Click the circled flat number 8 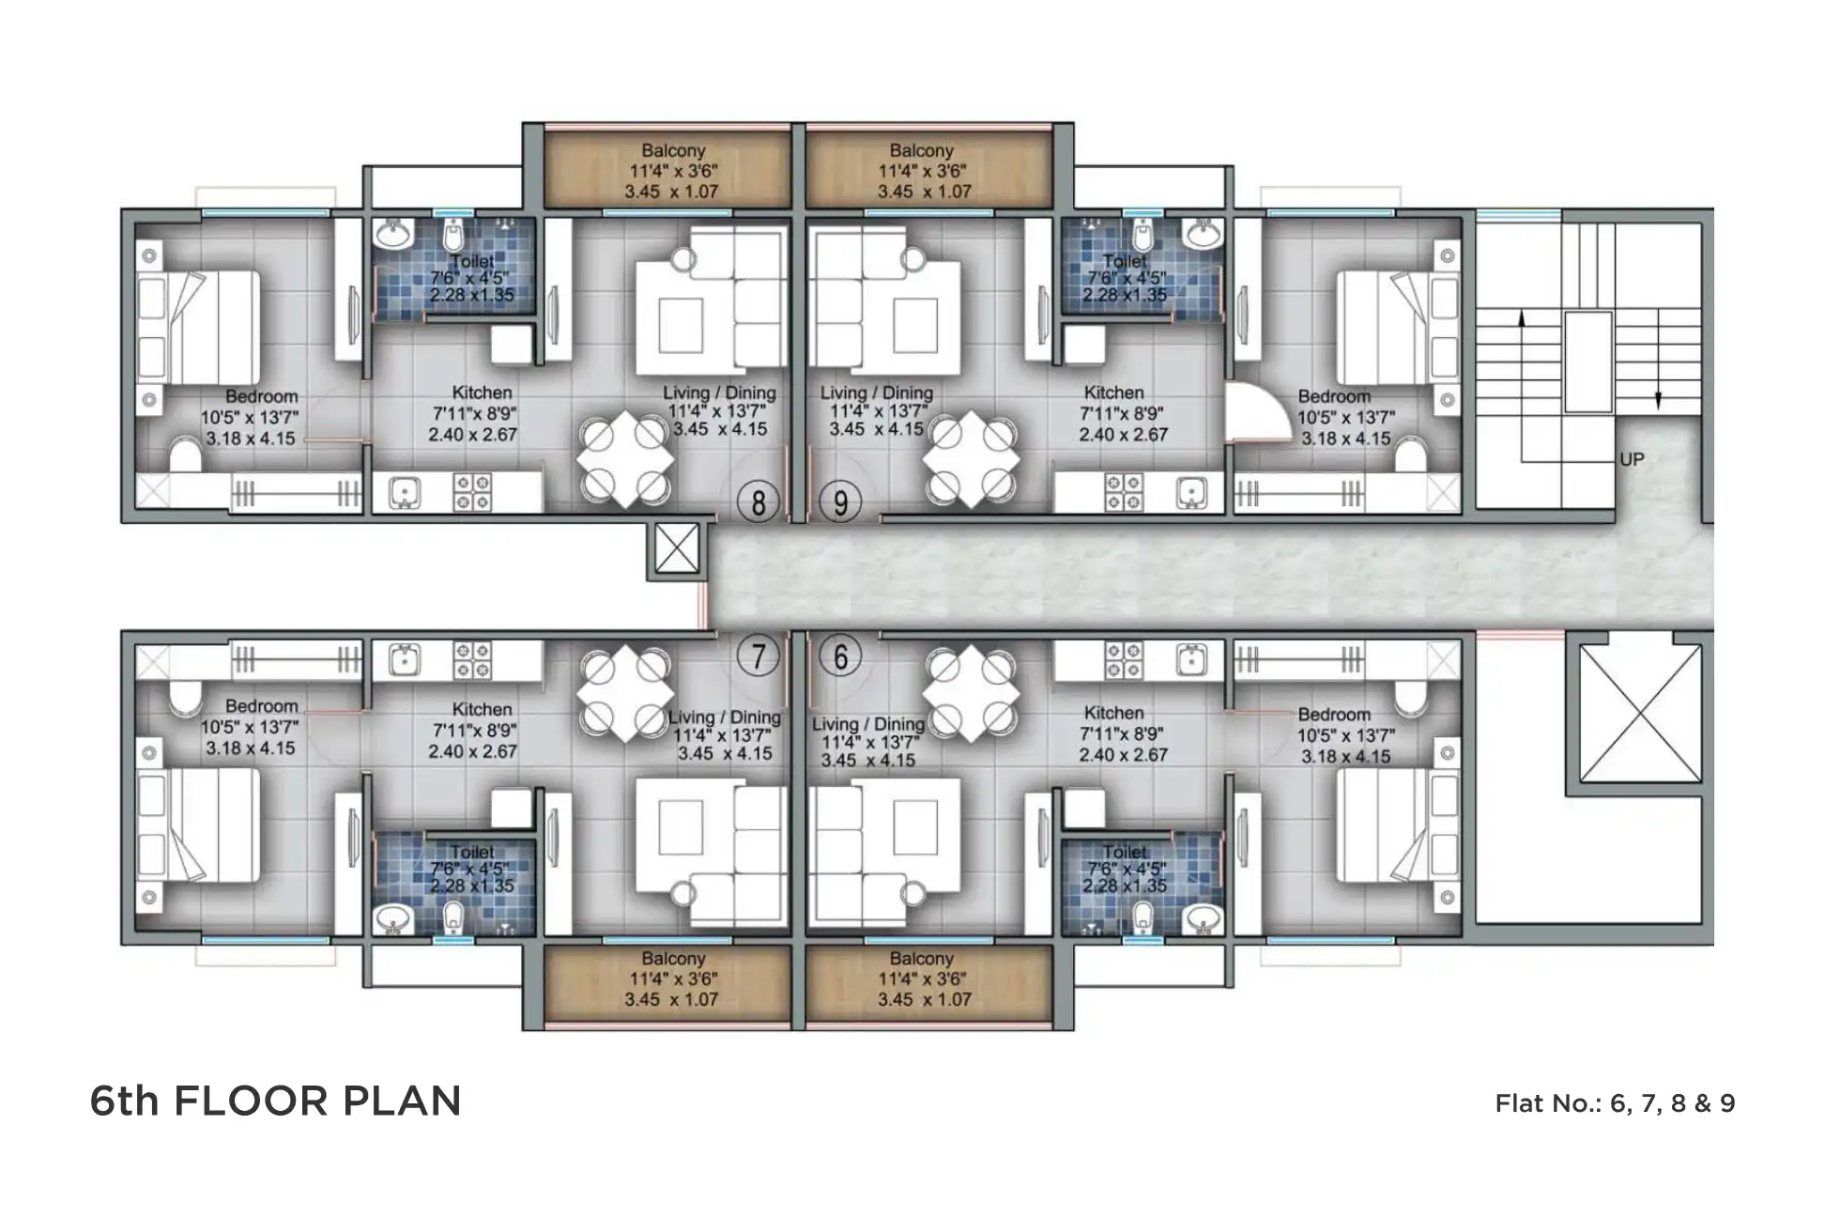click(x=758, y=503)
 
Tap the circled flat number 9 click(x=840, y=503)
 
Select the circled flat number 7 click(x=758, y=655)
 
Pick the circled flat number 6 click(x=840, y=655)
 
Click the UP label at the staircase click(x=1632, y=460)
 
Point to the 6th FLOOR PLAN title click(x=275, y=1101)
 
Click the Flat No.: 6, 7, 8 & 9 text click(x=1614, y=1103)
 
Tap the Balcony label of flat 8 click(x=672, y=150)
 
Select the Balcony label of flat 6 click(x=920, y=959)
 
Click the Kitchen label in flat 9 click(x=1113, y=393)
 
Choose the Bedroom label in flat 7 click(x=261, y=706)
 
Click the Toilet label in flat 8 click(x=471, y=261)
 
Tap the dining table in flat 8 click(x=624, y=460)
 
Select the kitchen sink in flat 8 click(x=405, y=492)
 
